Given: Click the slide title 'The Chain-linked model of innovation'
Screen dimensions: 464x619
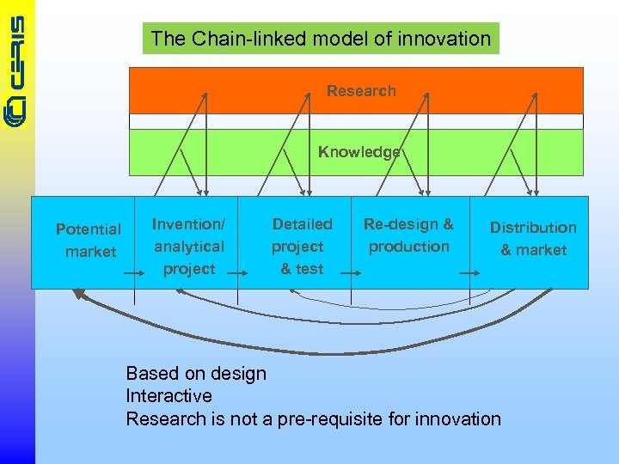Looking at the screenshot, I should pos(321,39).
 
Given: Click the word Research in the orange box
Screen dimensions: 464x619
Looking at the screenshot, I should pos(361,91).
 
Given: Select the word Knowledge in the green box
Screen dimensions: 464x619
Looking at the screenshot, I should pos(359,152).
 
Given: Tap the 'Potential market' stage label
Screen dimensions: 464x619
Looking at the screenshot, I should pos(89,241).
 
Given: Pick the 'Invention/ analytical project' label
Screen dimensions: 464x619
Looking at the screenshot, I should pos(188,247).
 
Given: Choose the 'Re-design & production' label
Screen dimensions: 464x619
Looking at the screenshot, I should pos(408,235).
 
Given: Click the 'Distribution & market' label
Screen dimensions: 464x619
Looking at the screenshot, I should pos(533,239).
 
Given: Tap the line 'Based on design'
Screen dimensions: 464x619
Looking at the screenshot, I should pos(196,373).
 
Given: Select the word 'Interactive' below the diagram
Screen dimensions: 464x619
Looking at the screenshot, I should pos(169,396).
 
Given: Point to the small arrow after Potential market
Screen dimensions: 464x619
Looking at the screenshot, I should pos(134,272).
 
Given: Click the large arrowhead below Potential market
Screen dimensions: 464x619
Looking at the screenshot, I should pos(80,295).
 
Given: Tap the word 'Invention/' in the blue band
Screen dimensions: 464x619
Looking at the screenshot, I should pos(188,224).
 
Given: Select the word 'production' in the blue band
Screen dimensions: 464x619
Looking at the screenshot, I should pos(409,247).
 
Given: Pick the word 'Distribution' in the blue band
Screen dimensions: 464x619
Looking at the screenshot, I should pos(533,228).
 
